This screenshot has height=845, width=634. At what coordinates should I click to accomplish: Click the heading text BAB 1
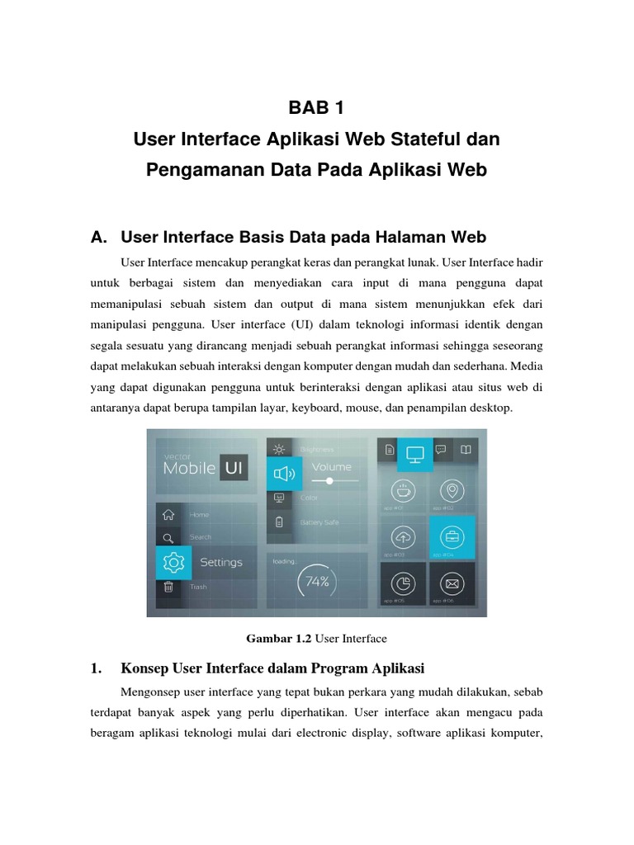[317, 108]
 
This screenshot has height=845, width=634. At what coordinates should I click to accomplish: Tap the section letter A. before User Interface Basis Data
[99, 238]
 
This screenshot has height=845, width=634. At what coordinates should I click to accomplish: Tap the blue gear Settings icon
[173, 562]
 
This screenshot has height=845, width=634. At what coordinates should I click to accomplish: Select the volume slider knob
[329, 480]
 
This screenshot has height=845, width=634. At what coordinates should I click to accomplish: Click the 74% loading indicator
[317, 581]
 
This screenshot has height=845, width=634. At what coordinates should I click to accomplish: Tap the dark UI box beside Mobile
[234, 468]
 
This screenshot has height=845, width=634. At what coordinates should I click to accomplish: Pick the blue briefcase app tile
[452, 537]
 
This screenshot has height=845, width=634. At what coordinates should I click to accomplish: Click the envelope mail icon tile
[452, 584]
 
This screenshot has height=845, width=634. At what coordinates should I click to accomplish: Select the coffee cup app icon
[403, 490]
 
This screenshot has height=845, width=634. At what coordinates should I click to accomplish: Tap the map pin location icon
[452, 490]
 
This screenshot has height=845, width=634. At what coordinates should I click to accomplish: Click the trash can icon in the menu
[168, 587]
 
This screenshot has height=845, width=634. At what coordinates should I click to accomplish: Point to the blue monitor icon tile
[414, 452]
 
